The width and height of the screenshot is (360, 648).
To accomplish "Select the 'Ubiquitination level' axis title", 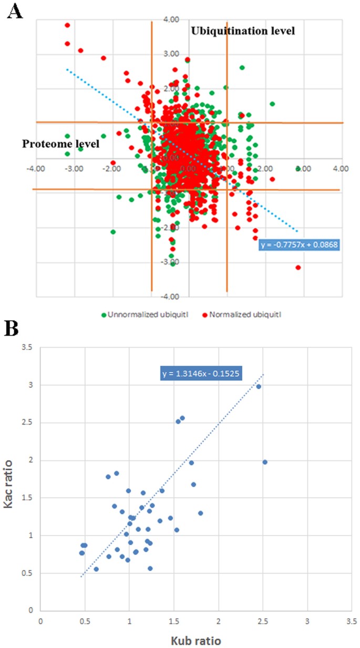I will (242, 30).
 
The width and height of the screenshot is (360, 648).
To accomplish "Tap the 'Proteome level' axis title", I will (60, 143).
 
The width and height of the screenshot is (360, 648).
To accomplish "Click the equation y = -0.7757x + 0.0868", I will (299, 245).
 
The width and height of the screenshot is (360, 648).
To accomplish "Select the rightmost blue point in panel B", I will (265, 462).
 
